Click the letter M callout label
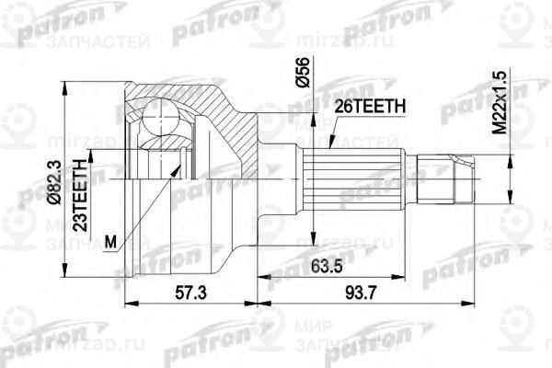click(111, 242)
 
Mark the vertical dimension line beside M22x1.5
click(509, 175)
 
